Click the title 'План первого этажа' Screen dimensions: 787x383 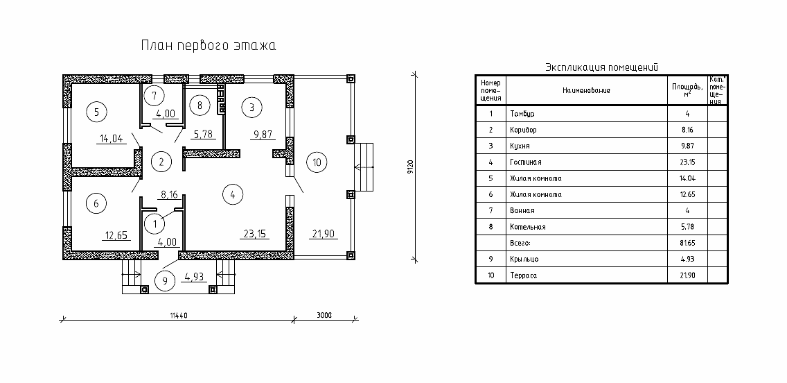[x=209, y=46]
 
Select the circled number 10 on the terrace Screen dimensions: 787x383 [x=317, y=162]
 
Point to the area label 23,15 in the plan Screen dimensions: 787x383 [x=255, y=234]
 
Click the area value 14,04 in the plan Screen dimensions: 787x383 [x=112, y=139]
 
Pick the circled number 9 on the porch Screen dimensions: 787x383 [x=165, y=280]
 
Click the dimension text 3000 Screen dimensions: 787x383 [x=325, y=315]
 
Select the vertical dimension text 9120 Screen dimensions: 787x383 [x=411, y=167]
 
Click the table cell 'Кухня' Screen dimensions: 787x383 [x=520, y=146]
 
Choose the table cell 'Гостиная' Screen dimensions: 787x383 [x=526, y=162]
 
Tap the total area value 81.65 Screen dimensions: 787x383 [x=688, y=244]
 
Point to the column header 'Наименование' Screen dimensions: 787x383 [x=586, y=90]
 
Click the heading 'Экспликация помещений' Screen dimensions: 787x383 [x=602, y=67]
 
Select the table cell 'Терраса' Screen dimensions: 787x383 [x=523, y=275]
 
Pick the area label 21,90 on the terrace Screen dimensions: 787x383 [x=324, y=234]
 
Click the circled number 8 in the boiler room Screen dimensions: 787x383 [x=200, y=105]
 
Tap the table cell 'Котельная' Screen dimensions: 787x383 [x=527, y=227]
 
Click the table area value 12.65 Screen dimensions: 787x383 [x=688, y=194]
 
